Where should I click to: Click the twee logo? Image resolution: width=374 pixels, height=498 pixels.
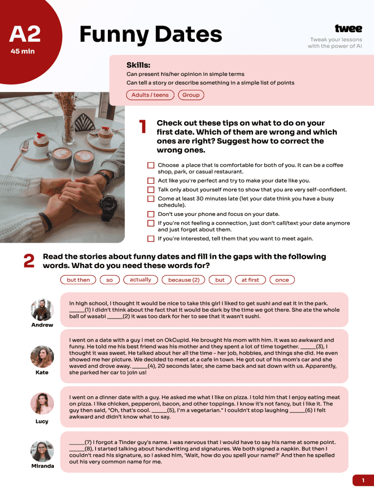(x=348, y=29)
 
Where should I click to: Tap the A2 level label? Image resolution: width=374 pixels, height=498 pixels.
(x=25, y=34)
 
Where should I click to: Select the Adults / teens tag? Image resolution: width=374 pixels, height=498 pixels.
(x=150, y=95)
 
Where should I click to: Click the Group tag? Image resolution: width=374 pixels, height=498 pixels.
(x=191, y=95)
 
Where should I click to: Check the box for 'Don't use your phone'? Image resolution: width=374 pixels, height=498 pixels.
(x=151, y=214)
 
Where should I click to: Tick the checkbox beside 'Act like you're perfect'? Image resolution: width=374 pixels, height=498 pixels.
(x=151, y=181)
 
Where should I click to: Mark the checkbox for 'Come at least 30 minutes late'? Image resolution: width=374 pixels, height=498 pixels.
(x=151, y=199)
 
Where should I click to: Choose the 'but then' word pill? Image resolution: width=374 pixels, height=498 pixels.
(x=78, y=280)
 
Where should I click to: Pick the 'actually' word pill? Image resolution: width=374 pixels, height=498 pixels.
(x=140, y=280)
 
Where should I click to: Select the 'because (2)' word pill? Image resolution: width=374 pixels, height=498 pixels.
(x=184, y=280)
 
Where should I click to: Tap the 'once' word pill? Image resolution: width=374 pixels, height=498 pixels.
(x=282, y=280)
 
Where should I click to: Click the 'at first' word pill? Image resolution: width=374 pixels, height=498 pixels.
(x=250, y=280)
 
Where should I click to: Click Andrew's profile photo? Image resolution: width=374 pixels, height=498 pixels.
(x=42, y=310)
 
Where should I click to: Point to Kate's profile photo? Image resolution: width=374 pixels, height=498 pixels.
(x=42, y=356)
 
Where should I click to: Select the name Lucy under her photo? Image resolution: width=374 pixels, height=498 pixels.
(x=42, y=422)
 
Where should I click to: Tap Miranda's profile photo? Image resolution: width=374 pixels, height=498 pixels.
(x=42, y=451)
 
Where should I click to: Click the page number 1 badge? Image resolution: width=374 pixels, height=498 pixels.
(x=363, y=480)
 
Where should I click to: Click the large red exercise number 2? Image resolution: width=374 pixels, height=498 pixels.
(x=29, y=261)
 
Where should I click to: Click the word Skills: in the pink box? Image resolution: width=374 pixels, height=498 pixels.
(x=138, y=65)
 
